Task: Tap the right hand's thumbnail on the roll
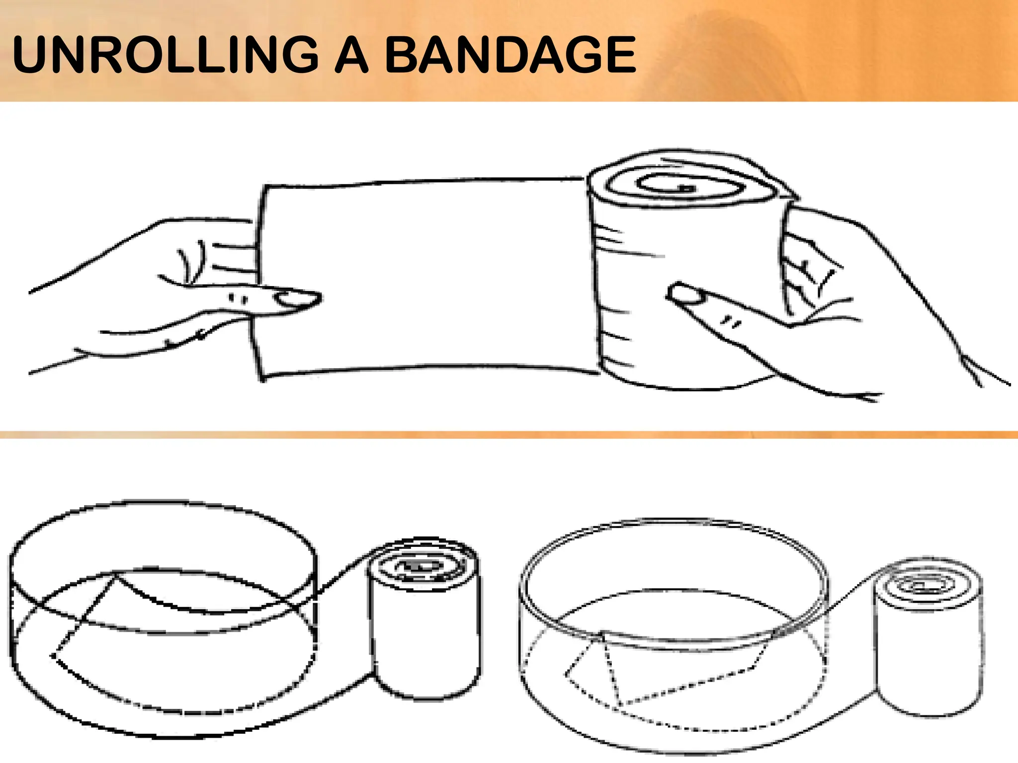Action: click(685, 294)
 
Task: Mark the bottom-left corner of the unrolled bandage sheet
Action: click(261, 379)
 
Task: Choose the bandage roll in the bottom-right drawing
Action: click(928, 641)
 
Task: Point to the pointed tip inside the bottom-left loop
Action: click(53, 656)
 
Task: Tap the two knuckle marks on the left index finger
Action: click(238, 299)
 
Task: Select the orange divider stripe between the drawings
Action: click(509, 435)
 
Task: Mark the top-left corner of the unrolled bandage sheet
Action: click(264, 187)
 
